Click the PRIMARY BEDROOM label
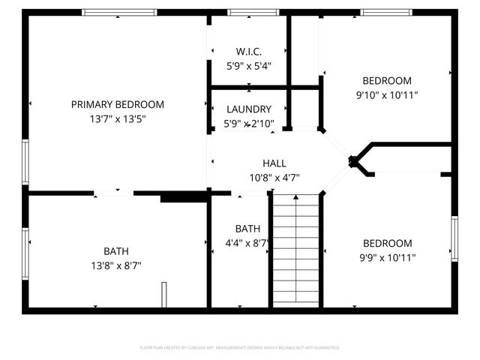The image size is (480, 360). (x=117, y=104)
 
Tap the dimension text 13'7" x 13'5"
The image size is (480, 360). (x=117, y=118)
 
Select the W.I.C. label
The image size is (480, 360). (x=248, y=52)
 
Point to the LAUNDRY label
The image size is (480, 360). (x=248, y=109)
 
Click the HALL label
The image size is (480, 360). (x=274, y=163)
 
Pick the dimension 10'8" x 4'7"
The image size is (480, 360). (x=274, y=178)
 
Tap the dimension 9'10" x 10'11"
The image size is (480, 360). (x=387, y=95)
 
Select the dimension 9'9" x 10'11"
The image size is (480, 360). (x=387, y=257)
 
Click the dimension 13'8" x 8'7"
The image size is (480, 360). (x=116, y=265)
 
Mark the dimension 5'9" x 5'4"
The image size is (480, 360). (x=248, y=66)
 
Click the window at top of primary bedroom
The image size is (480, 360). (x=119, y=12)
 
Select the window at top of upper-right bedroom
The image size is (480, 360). (x=386, y=12)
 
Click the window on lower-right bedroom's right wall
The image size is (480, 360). (x=454, y=238)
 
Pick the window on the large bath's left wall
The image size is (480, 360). (x=25, y=253)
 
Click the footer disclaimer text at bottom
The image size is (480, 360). (x=240, y=347)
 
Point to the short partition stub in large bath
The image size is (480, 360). (x=163, y=293)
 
